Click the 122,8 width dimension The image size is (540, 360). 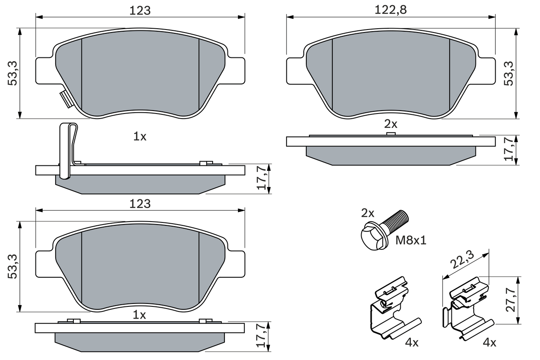tap(391, 10)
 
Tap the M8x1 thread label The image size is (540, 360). tap(411, 241)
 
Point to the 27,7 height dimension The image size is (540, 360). tap(511, 300)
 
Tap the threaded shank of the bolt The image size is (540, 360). tap(395, 220)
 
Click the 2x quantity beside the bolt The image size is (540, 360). tap(367, 213)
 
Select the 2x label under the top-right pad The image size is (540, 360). tap(391, 124)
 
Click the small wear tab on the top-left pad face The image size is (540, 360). tap(67, 99)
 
